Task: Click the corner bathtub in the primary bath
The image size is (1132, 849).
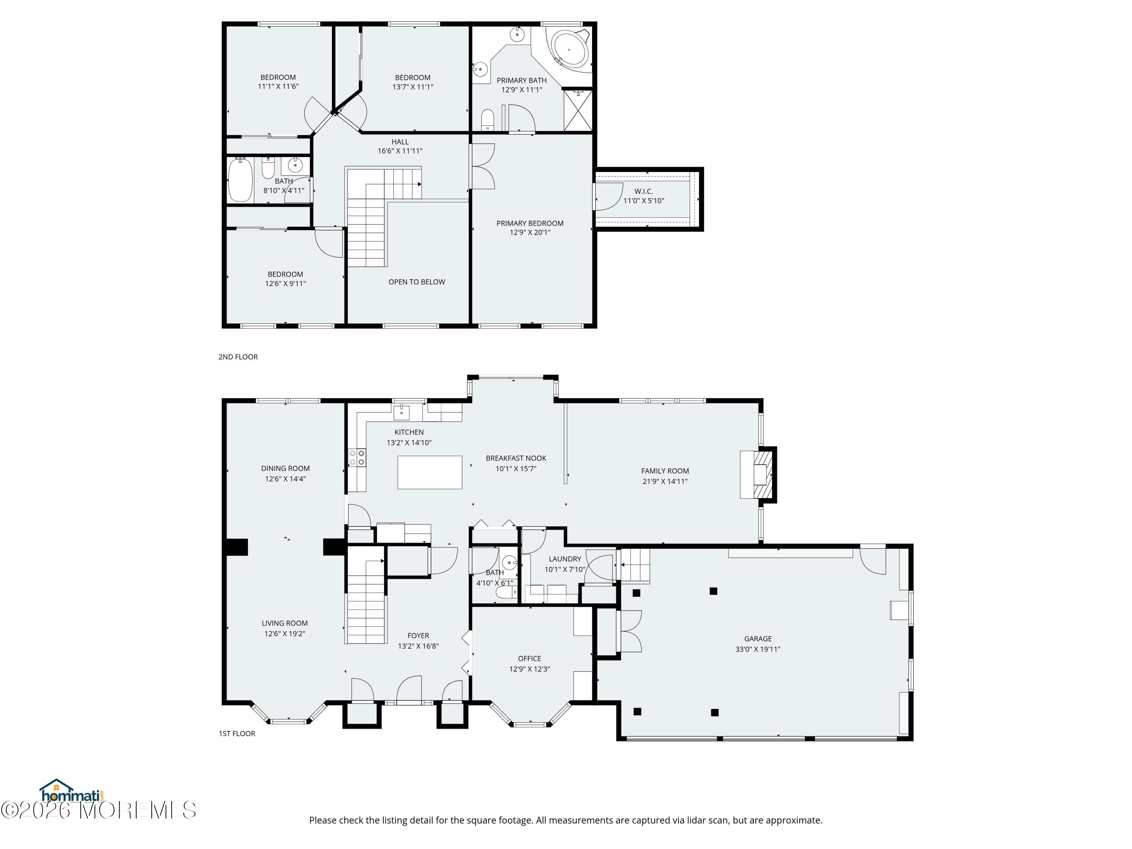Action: click(x=569, y=49)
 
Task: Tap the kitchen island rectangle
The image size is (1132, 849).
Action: click(x=429, y=472)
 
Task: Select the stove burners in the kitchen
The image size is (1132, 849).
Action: click(x=357, y=457)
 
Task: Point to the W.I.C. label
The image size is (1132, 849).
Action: click(x=643, y=191)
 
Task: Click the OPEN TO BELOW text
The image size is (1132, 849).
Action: click(x=417, y=282)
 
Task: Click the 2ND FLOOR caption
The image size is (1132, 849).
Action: click(x=238, y=357)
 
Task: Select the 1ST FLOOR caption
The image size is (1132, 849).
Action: click(x=237, y=733)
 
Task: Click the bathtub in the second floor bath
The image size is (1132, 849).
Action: click(x=240, y=180)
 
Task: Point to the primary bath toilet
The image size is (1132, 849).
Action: click(x=488, y=120)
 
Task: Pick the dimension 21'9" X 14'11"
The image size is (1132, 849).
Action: click(x=665, y=481)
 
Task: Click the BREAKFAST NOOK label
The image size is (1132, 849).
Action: click(x=516, y=458)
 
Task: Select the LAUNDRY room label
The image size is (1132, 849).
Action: click(x=565, y=559)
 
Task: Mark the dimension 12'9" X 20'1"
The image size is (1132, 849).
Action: click(x=530, y=232)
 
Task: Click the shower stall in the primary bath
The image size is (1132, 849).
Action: click(x=578, y=110)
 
